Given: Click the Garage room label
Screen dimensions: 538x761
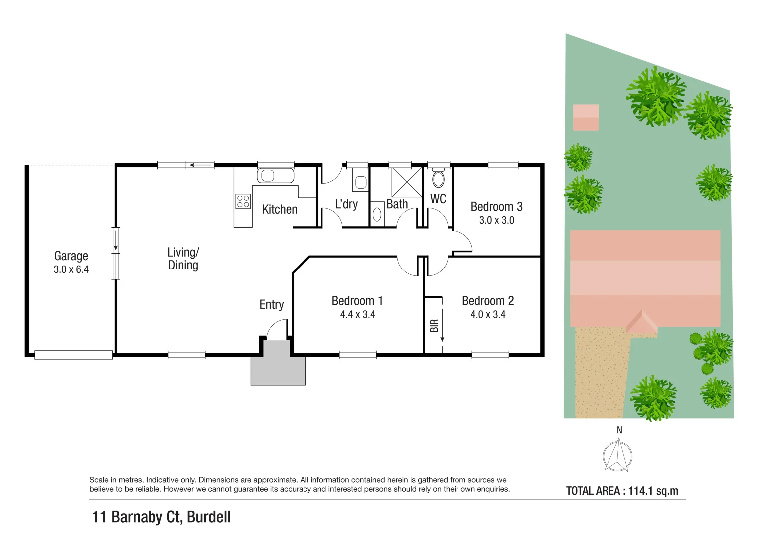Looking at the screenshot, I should [71, 256].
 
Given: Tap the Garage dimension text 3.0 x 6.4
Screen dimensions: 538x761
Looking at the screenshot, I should [71, 269].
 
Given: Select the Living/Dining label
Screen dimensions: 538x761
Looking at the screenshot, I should [183, 259].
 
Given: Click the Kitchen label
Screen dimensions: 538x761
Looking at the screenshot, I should [280, 210].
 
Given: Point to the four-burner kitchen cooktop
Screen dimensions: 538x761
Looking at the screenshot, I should [243, 201].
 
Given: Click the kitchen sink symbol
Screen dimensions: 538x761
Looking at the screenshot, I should [275, 176].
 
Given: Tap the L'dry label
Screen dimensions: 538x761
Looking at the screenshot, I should [346, 204].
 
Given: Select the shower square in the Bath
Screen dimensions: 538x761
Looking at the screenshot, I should [406, 182].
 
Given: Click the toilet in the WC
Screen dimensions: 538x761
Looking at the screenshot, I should [438, 178].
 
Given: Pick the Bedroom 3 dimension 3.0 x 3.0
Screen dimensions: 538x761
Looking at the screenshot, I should [496, 220].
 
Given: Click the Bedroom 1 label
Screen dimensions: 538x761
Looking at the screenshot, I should [357, 301].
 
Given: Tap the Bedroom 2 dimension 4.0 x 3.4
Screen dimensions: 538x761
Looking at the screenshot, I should [488, 315].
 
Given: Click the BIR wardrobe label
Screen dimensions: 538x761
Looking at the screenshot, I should [434, 326].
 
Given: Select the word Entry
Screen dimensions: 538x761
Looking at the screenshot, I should [272, 305].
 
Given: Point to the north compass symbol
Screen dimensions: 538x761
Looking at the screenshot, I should [618, 455].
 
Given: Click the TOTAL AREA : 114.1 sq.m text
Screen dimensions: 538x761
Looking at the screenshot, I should [622, 491].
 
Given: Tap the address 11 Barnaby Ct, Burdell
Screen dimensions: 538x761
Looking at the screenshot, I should [161, 517].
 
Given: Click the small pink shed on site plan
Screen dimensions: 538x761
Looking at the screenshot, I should [586, 117].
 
